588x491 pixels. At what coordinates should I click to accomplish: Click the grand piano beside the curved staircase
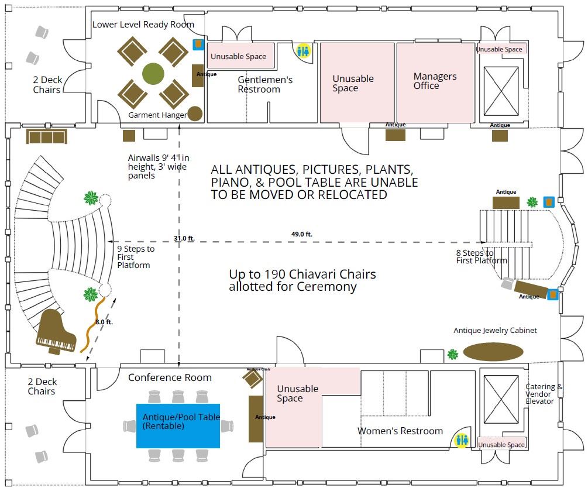(x=57, y=332)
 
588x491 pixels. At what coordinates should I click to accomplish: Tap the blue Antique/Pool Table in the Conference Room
(x=178, y=425)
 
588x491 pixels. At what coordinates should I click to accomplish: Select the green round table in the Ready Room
(x=153, y=73)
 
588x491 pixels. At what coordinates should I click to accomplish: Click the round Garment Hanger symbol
(x=195, y=114)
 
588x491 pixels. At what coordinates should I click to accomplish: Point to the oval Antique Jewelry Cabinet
(x=493, y=352)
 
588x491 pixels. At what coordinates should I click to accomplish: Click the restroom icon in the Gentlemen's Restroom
(x=303, y=51)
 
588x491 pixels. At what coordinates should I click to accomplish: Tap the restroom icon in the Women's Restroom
(x=462, y=440)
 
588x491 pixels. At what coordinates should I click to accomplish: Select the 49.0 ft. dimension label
(x=302, y=234)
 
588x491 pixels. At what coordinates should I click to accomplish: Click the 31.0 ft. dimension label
(x=184, y=238)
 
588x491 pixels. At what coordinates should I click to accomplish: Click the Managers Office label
(x=435, y=81)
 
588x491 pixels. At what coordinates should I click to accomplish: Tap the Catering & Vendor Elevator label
(x=544, y=394)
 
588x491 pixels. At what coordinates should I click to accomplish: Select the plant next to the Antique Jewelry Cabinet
(x=452, y=354)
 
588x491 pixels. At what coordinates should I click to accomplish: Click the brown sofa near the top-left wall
(x=47, y=137)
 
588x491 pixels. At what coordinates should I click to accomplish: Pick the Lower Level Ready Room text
(x=143, y=25)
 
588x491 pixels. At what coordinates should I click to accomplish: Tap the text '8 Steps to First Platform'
(x=481, y=256)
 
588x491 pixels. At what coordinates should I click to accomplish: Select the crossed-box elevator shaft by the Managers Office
(x=501, y=91)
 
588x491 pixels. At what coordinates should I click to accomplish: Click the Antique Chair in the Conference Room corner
(x=253, y=379)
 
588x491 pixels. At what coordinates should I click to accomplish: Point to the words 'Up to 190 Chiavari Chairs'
(x=302, y=274)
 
